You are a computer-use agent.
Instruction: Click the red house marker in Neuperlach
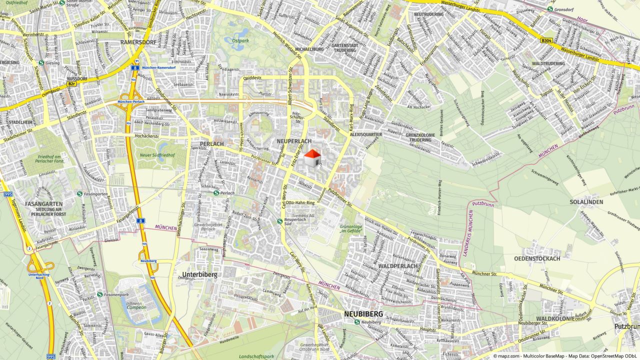pyautogui.click(x=312, y=158)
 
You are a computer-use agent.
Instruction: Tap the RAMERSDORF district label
pyautogui.click(x=138, y=42)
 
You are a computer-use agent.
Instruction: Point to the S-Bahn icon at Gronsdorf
pyautogui.click(x=550, y=9)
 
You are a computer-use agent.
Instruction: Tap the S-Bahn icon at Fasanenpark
pyautogui.click(x=99, y=295)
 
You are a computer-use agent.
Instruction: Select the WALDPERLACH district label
pyautogui.click(x=398, y=266)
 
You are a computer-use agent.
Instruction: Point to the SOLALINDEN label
pyautogui.click(x=586, y=202)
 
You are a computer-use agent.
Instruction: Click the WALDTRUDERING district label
pyautogui.click(x=548, y=63)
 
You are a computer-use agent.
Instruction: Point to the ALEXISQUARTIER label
pyautogui.click(x=365, y=134)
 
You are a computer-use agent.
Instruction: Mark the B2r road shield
pyautogui.click(x=72, y=84)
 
